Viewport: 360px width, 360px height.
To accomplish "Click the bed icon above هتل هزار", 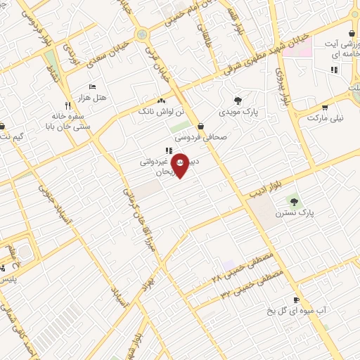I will click(92, 86).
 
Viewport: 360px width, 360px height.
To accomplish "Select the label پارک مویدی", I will click(237, 111).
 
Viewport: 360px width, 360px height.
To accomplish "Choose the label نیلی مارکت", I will click(326, 118).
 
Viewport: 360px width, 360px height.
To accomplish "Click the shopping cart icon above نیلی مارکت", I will click(325, 108).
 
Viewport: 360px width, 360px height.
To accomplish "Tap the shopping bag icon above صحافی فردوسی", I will click(202, 127).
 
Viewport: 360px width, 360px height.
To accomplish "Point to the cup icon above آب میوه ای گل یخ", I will click(296, 300).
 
